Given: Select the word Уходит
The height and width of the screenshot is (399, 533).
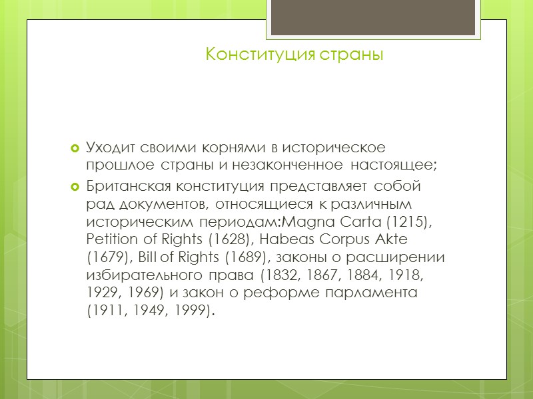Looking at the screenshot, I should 110,146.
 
